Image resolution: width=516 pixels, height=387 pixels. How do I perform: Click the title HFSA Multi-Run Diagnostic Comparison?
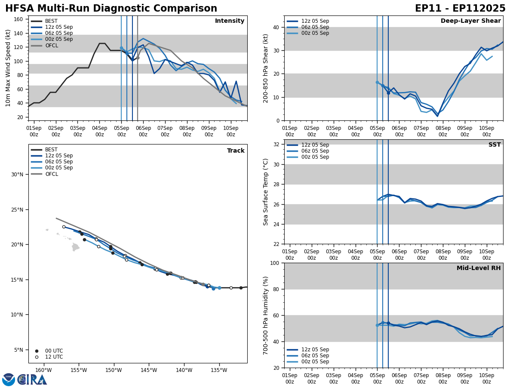point(111,9)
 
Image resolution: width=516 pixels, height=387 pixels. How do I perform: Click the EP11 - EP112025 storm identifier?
point(460,9)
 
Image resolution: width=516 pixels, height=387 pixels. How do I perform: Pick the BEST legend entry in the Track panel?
point(51,150)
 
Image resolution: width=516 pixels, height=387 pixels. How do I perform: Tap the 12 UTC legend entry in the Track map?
point(54,357)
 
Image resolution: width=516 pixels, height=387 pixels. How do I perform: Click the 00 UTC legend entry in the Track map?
point(54,351)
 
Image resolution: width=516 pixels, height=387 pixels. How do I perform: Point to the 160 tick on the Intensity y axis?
point(18,19)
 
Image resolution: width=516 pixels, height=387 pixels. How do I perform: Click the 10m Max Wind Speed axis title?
point(8,68)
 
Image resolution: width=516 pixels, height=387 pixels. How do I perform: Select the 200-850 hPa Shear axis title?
point(266,68)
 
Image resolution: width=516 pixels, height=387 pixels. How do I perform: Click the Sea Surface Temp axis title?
point(266,192)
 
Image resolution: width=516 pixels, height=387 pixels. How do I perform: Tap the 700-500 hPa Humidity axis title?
point(266,315)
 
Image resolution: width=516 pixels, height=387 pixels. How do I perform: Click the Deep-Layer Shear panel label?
point(470,21)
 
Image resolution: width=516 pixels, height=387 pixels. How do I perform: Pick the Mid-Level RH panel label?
point(479,268)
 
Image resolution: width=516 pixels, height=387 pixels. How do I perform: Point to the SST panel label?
point(494,145)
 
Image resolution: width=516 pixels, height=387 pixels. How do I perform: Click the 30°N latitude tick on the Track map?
point(17,175)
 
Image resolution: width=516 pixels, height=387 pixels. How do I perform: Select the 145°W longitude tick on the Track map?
point(148,370)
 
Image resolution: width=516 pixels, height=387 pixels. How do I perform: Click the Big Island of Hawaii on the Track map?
point(76,247)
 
